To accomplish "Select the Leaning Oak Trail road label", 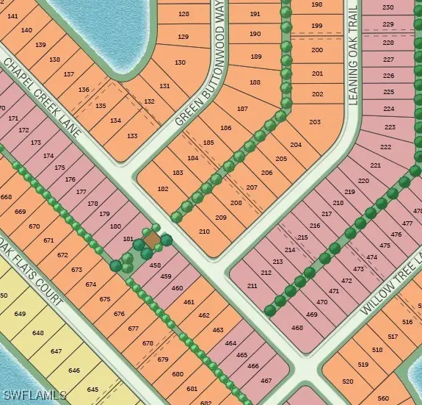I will tap(352, 57).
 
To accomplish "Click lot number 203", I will tap(316, 122).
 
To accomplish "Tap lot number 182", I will tap(163, 189).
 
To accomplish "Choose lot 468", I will tap(297, 328).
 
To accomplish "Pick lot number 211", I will tap(252, 285).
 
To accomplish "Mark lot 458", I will tap(156, 265).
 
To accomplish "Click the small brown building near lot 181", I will tap(151, 240).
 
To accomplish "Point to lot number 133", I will tap(132, 136).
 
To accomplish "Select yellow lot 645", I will tap(92, 389).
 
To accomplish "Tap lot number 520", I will tap(347, 381).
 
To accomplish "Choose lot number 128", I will tap(183, 14).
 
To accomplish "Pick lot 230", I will tap(388, 7).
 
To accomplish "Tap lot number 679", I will tap(163, 359).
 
